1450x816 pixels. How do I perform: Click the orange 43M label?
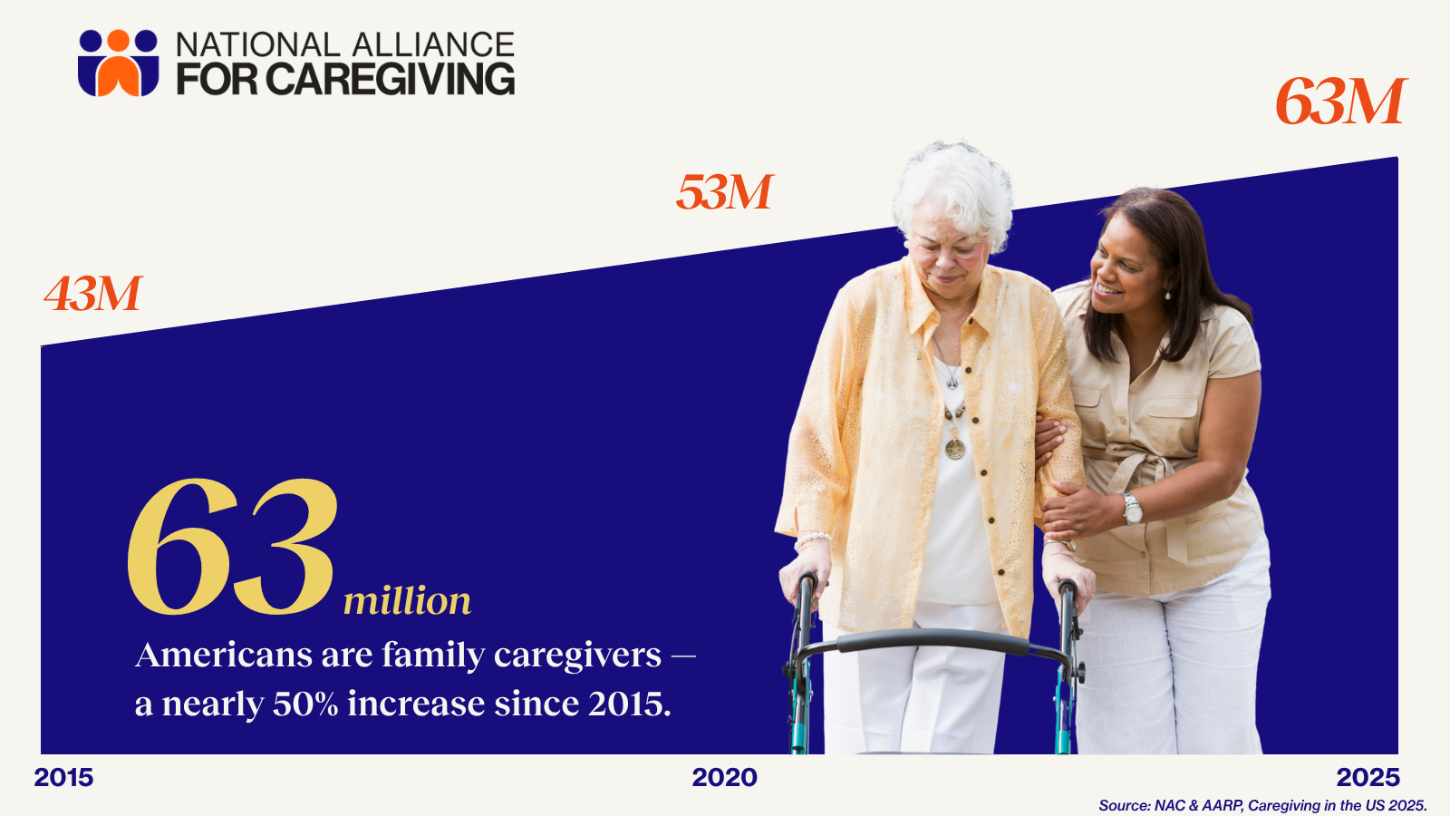coord(93,294)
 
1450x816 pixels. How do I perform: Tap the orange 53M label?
coord(724,192)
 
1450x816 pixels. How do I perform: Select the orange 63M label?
coord(1340,102)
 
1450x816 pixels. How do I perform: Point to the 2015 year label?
coord(63,778)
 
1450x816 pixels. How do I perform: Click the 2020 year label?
coord(724,778)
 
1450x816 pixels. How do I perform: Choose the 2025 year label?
coord(1368,778)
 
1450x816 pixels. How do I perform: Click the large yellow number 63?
coord(232,548)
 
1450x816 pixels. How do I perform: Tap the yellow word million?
coord(407,601)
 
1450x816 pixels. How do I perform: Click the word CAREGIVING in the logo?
coord(391,79)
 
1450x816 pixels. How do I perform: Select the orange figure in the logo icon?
coord(119,64)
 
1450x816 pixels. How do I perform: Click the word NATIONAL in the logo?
coord(257,44)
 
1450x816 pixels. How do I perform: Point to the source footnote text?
coord(1263,806)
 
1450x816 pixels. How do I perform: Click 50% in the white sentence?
coord(305,704)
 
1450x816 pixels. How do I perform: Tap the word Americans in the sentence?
coord(224,656)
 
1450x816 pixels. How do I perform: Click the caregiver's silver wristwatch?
coord(1132,509)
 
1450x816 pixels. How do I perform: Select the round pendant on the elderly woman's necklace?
coord(955,449)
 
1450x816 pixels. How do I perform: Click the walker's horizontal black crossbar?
coord(933,643)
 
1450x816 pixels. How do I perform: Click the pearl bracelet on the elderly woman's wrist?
coord(812,539)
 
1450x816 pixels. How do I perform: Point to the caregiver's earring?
coord(1167,296)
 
